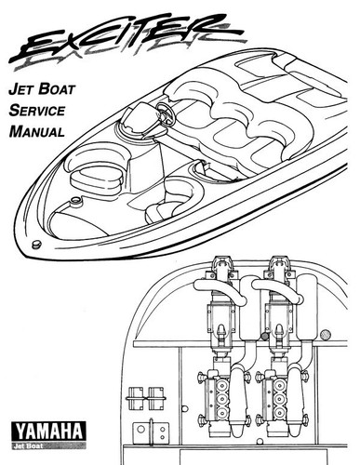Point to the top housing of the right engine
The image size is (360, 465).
[x=278, y=270]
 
